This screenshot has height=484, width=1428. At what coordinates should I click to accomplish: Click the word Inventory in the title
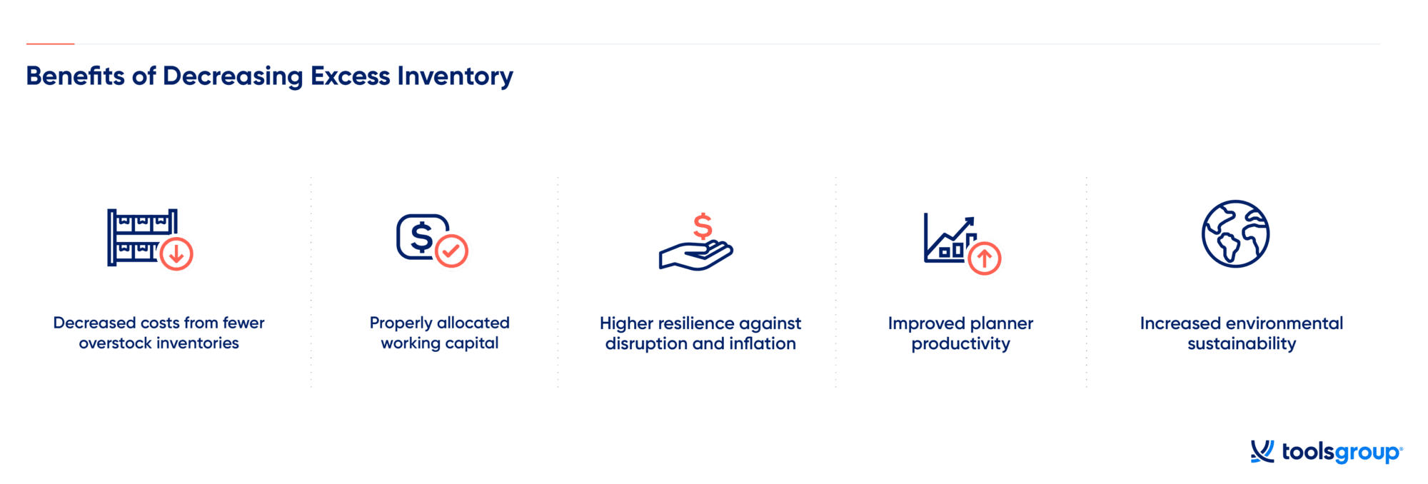455,76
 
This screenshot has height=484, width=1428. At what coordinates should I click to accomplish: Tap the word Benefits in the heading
75,76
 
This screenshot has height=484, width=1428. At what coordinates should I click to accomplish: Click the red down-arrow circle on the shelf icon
176,253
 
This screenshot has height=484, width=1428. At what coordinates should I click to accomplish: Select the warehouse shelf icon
142,237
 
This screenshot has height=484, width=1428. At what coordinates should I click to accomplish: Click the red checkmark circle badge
451,251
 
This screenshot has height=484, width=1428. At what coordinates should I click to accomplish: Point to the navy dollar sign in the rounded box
421,237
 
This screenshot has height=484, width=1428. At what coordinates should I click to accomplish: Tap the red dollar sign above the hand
703,226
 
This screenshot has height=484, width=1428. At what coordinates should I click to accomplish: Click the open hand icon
695,256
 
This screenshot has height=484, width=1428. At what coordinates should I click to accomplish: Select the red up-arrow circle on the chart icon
985,258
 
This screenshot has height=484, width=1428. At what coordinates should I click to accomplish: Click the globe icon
1235,234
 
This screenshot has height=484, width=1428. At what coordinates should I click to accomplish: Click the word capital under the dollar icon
471,343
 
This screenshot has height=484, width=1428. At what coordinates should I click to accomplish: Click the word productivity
961,344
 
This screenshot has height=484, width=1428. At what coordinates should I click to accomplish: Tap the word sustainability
1242,344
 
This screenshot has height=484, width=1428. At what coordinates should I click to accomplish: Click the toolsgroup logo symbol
1262,451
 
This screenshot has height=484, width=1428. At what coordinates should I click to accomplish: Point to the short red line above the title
50,44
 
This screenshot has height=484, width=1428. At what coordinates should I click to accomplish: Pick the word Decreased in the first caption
95,323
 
